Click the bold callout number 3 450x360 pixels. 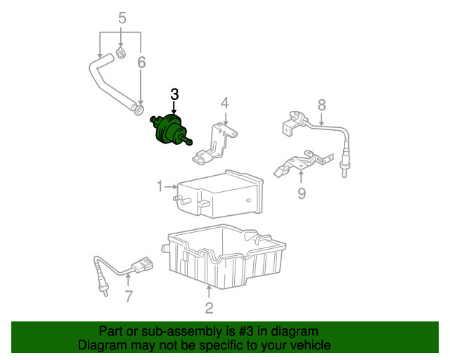[174, 94]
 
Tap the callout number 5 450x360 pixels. [122, 18]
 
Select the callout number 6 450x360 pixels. [141, 63]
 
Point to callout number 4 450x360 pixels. [225, 103]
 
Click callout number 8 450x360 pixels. [322, 105]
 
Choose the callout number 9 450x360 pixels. [302, 193]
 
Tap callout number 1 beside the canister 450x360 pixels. [160, 186]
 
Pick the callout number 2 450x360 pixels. [210, 308]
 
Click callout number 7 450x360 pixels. [129, 296]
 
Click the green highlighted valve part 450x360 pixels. [170, 129]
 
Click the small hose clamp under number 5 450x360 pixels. [121, 53]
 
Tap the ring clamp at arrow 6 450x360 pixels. [139, 110]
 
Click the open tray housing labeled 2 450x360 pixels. [224, 257]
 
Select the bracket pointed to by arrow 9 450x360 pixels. [303, 163]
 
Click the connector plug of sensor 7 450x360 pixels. [142, 265]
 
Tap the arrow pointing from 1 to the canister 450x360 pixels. [171, 186]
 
